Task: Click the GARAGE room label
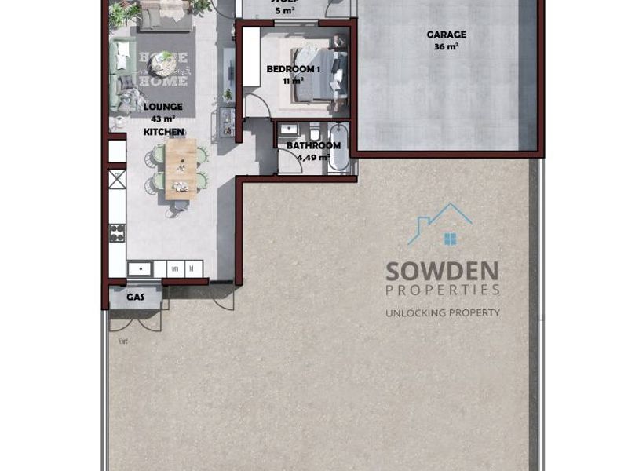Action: coord(446,35)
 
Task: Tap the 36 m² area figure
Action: coord(446,46)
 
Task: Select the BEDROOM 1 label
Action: coord(293,69)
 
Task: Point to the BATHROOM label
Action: coord(313,145)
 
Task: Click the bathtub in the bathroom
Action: coord(339,147)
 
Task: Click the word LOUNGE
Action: coord(163,107)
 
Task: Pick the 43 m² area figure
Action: coord(163,119)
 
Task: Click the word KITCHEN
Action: coord(163,132)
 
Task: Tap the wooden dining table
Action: coord(181,166)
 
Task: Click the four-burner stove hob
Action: coord(116,232)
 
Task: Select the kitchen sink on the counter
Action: coord(140,268)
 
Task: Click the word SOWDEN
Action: coord(442,272)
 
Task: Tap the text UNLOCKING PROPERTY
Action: coord(442,312)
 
